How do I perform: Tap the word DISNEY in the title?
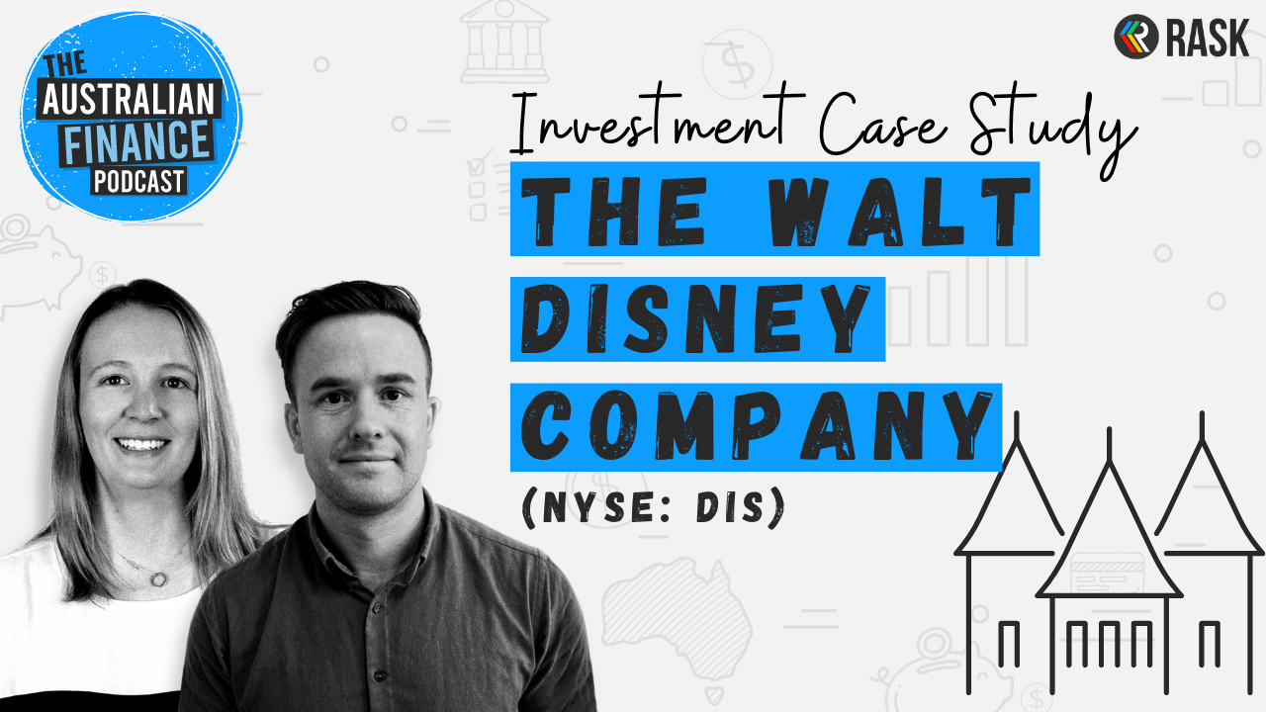coord(695,319)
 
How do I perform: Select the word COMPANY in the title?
coord(758,425)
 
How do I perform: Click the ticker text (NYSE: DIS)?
coord(654,507)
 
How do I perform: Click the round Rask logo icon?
coord(1136,37)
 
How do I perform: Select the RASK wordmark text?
coord(1208,38)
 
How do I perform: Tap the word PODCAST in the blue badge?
coord(138,182)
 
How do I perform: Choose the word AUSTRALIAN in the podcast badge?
coord(129,100)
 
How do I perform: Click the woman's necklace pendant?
coord(158,578)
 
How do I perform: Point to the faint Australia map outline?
coord(678,622)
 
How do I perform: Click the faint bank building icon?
coord(504,42)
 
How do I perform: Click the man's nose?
coord(368,421)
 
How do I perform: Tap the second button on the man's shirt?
coord(381,676)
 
